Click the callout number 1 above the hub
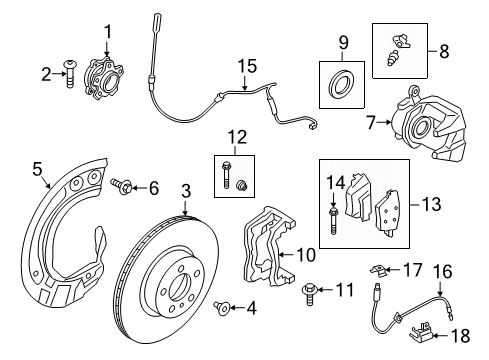click(109, 30)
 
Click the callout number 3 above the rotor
click(186, 191)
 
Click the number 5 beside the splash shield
click(38, 170)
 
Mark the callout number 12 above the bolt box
click(237, 136)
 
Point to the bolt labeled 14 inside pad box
click(333, 215)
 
